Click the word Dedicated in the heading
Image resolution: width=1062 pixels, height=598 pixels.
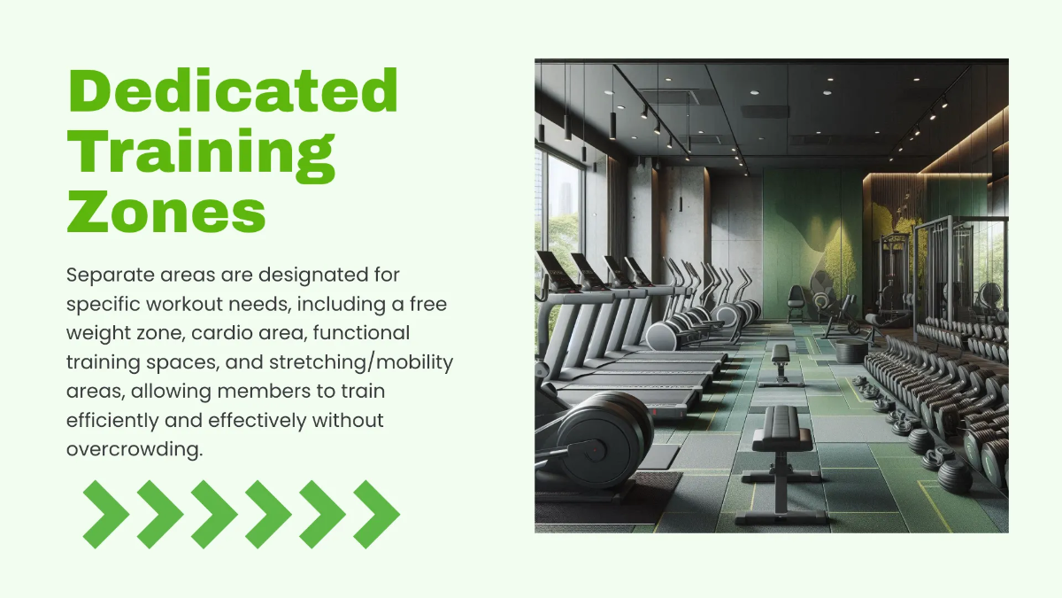[233, 90]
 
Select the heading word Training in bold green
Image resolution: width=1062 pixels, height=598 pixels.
[202, 151]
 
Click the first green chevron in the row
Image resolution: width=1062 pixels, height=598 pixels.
[105, 514]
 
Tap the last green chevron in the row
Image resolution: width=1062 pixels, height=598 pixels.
[376, 514]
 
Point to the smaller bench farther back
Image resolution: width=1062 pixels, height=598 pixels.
[780, 353]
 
